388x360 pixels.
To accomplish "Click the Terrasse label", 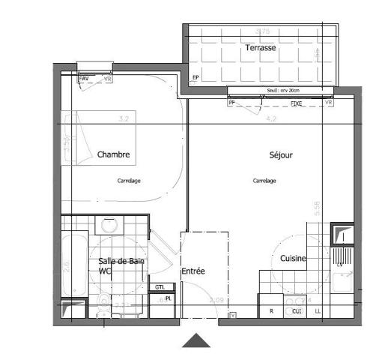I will point(260,48).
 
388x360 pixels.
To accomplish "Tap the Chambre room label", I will point(113,155).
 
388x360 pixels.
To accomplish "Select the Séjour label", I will point(281,155).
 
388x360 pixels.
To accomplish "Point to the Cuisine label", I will point(293,258).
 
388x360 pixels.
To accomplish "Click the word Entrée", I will point(193,271).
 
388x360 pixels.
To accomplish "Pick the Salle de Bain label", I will point(121,261).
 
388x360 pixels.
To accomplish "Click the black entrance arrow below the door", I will point(197,341).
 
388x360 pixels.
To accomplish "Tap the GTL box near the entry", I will point(160,287).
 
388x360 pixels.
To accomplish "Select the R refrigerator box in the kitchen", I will point(271,310).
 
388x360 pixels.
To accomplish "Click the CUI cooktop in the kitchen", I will point(297,310).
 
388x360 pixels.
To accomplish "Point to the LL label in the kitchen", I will point(318,310).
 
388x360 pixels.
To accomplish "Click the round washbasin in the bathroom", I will point(110,224).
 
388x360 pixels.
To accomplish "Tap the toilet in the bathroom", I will point(103,302).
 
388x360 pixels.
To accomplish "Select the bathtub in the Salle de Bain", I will point(73,266).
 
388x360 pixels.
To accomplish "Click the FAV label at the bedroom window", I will point(84,78).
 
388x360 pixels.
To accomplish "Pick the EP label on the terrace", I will point(195,77).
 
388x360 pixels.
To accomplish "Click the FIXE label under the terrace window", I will point(296,103).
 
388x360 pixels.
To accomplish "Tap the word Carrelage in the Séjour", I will point(264,181).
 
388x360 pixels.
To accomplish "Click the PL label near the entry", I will point(169,298).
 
